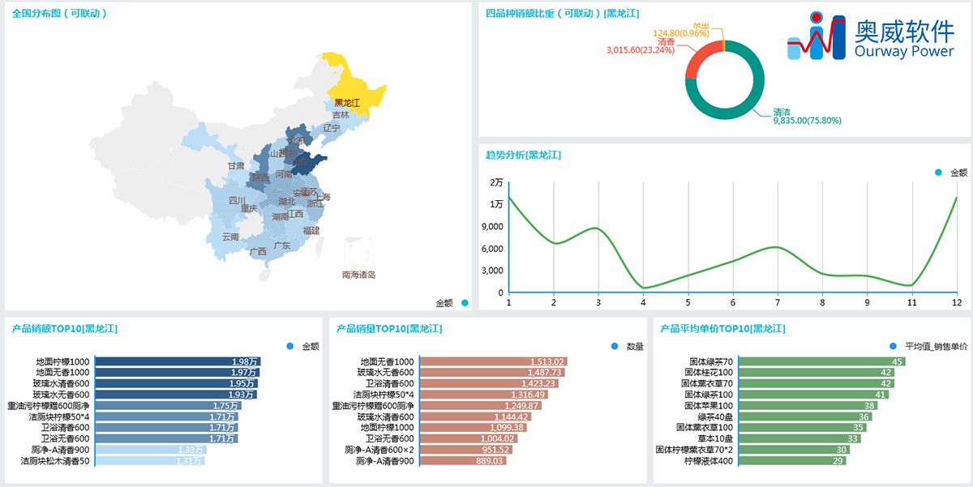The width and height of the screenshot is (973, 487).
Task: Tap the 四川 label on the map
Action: (x=237, y=200)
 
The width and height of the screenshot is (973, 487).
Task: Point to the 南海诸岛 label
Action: (x=358, y=275)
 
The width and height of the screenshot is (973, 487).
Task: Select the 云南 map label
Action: (x=230, y=237)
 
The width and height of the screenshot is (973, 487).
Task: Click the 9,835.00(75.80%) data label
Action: (x=807, y=121)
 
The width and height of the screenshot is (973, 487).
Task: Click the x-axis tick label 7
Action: (x=777, y=302)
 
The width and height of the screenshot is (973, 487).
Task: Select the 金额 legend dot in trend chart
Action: (x=938, y=173)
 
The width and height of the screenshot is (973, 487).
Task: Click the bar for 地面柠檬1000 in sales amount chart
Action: (x=177, y=361)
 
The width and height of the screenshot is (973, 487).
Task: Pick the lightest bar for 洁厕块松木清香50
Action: (x=150, y=460)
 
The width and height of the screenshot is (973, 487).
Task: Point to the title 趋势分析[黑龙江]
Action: (x=523, y=155)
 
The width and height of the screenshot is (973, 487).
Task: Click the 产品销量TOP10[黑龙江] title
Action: (x=388, y=328)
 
